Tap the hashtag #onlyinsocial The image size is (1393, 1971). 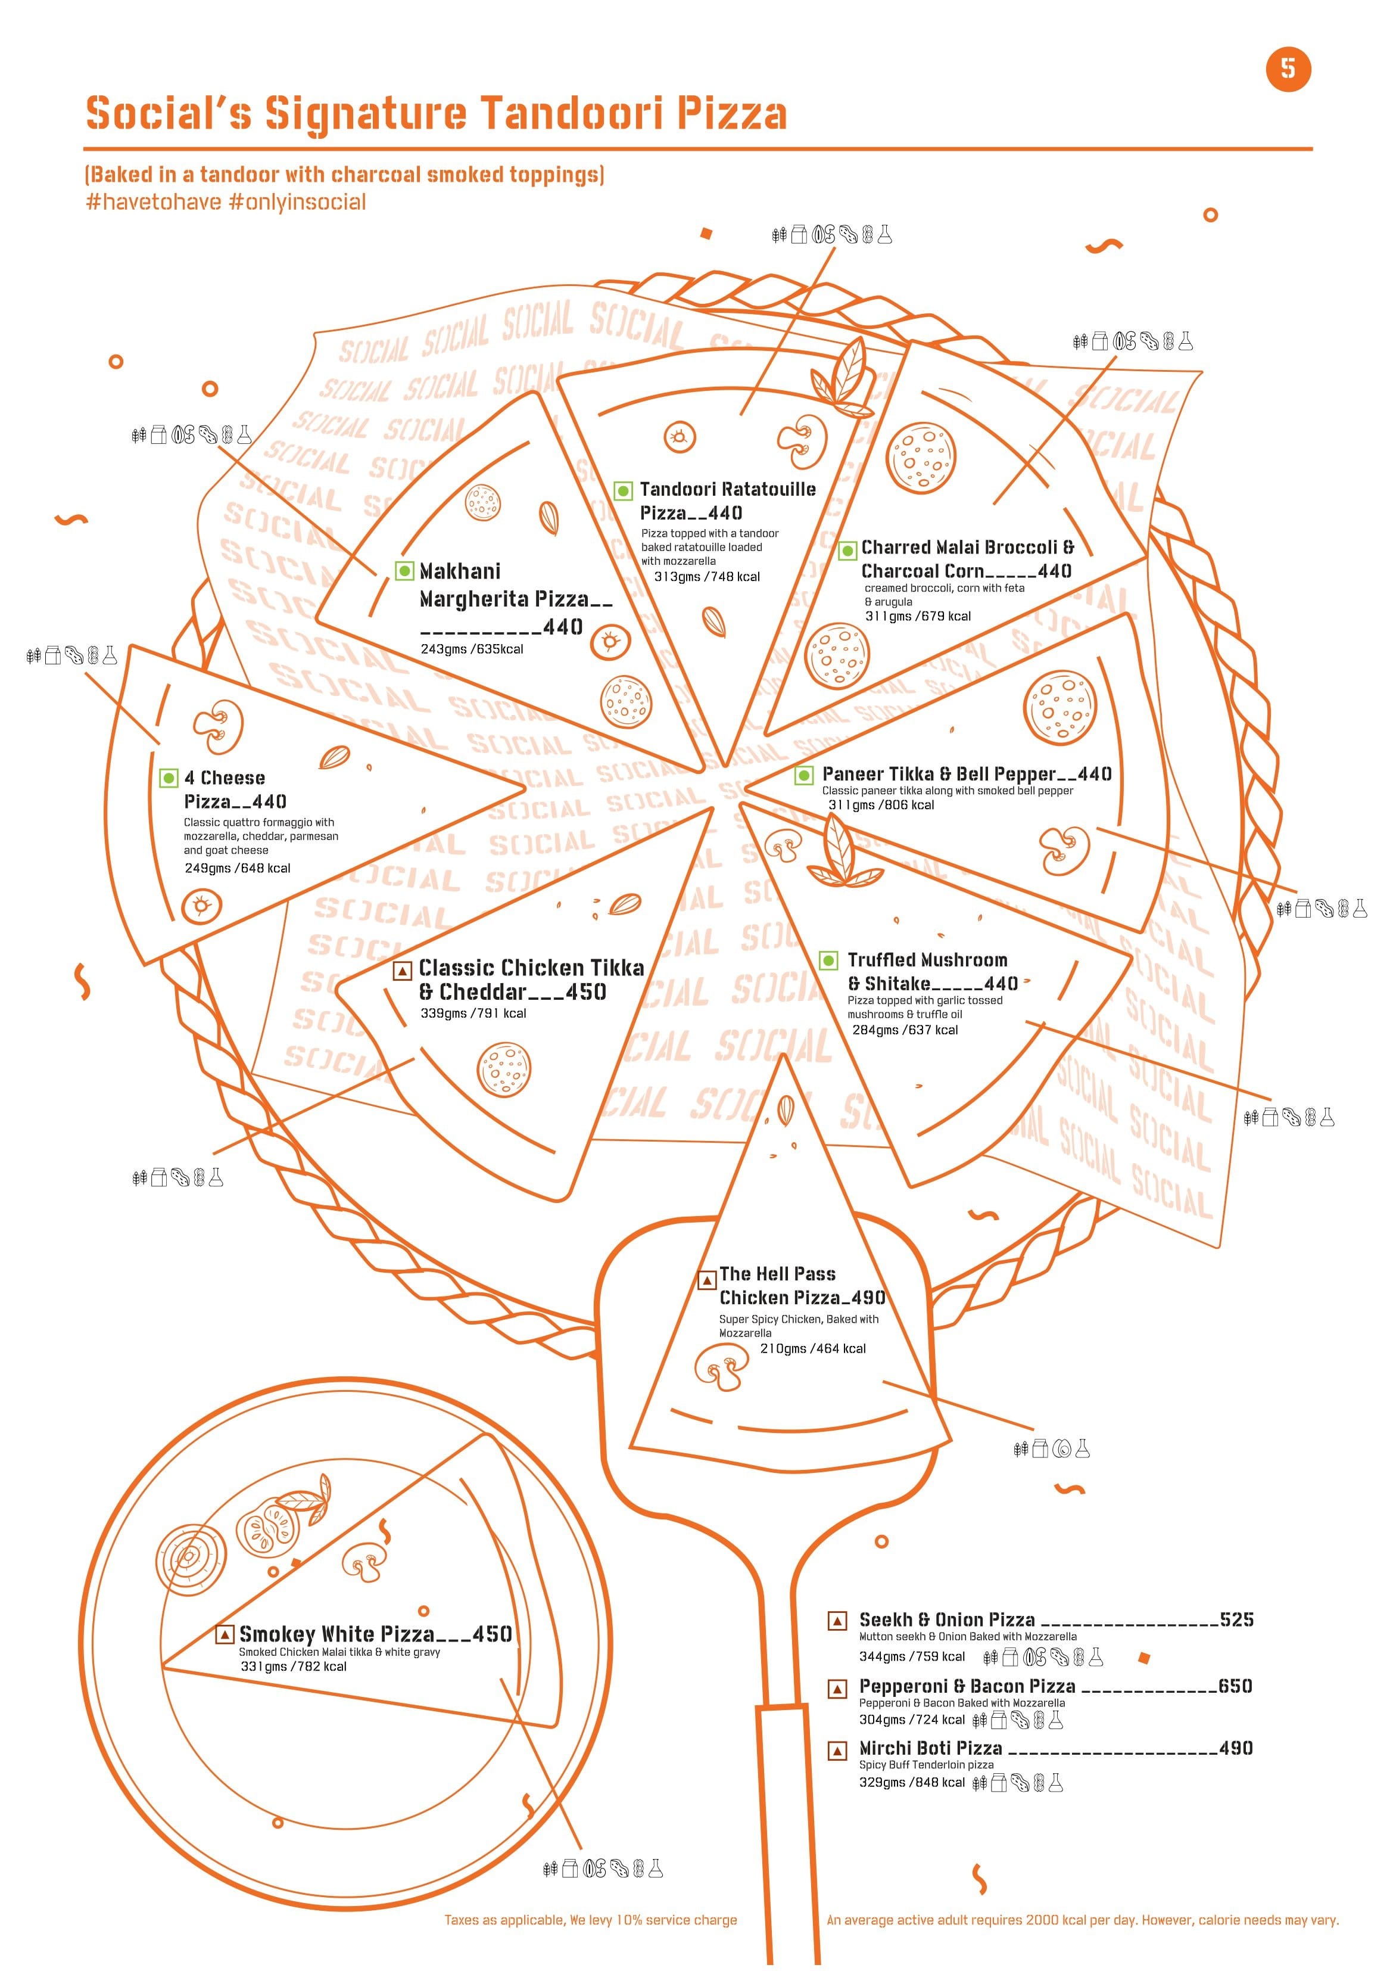[297, 203]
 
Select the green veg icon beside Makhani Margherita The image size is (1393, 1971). [404, 571]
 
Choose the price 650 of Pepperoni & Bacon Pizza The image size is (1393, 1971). [1235, 1686]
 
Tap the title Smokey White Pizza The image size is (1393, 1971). [337, 1634]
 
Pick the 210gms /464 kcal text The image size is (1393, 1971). [813, 1348]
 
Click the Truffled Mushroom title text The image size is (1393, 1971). [928, 960]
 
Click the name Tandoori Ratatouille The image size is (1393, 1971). [728, 489]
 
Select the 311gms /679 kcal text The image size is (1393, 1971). [918, 616]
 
